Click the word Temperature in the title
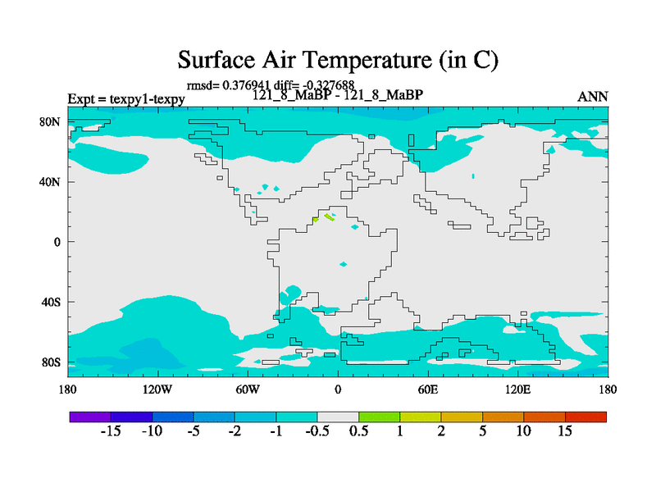[x=367, y=60]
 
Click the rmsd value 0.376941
[x=246, y=85]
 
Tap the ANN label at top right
[x=592, y=97]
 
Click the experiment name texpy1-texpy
[x=148, y=99]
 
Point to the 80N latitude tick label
[x=50, y=121]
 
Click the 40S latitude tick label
[x=51, y=302]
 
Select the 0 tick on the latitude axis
[x=57, y=242]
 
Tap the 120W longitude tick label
[x=157, y=389]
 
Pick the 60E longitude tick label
[x=428, y=389]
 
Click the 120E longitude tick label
[x=518, y=389]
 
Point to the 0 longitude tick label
[x=338, y=389]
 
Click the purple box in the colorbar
[x=90, y=417]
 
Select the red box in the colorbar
[x=585, y=417]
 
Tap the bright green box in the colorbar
[x=379, y=417]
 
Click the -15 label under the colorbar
[x=111, y=431]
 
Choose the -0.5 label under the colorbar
[x=317, y=431]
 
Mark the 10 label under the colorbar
[x=523, y=431]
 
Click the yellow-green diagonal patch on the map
[x=329, y=217]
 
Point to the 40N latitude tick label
[x=50, y=182]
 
